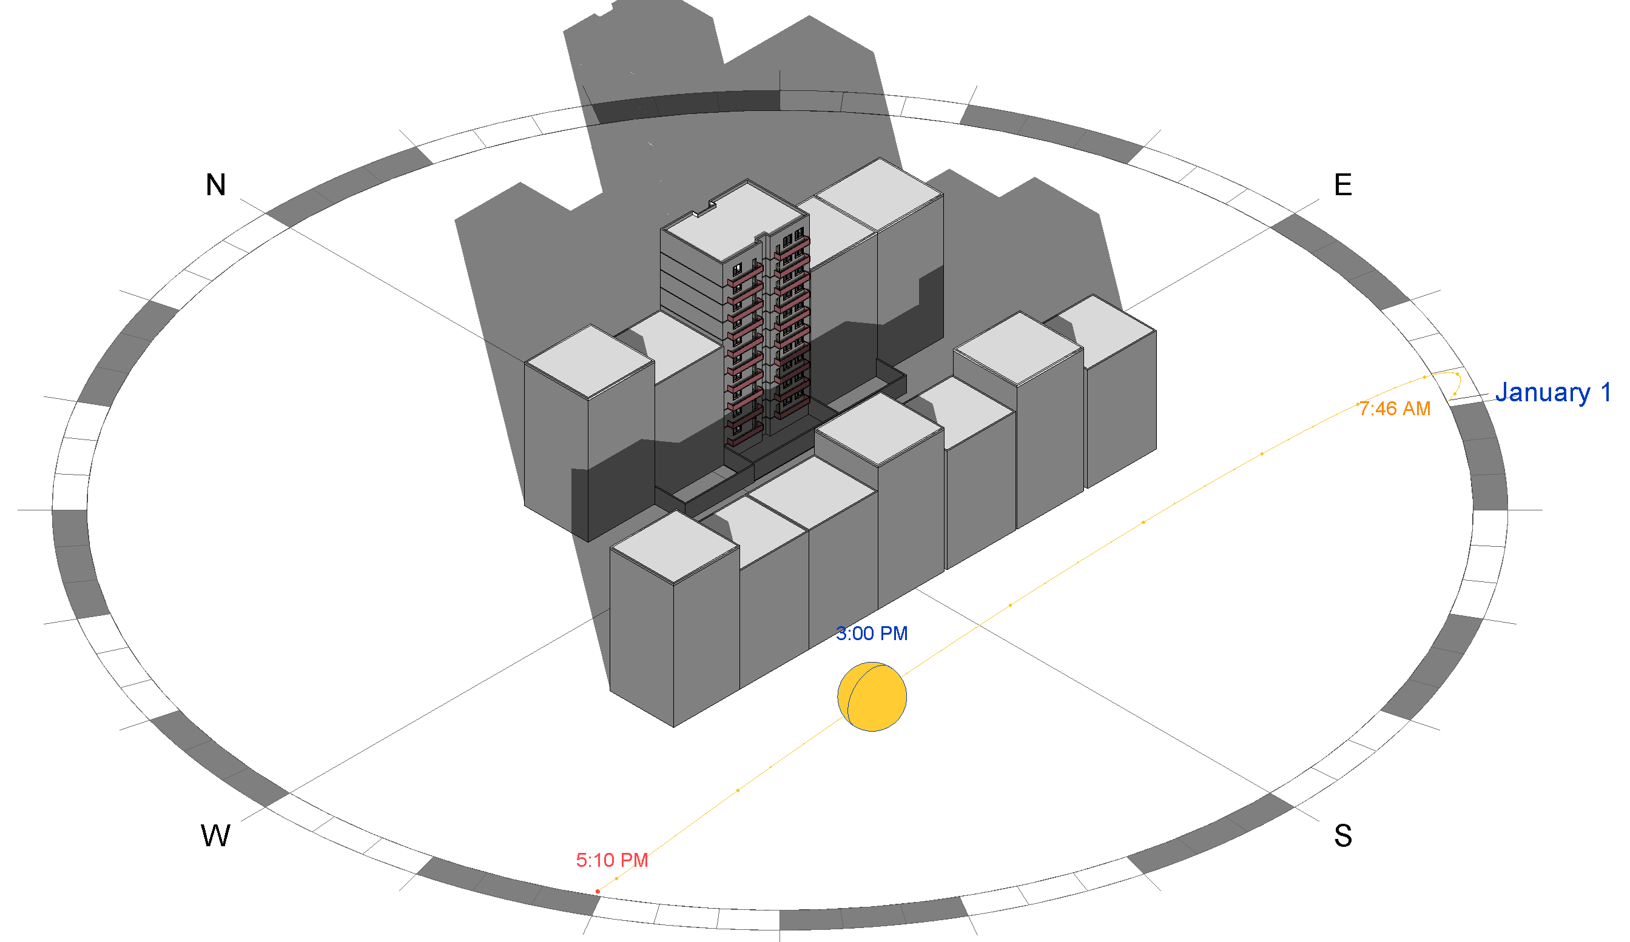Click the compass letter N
pos(216,185)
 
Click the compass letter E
pos(1343,185)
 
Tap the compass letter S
pos(1343,836)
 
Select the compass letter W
pos(215,836)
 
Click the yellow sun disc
pos(871,697)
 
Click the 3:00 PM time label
pos(871,633)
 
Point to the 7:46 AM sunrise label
pos(1395,409)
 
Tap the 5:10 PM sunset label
pos(612,861)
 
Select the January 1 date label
pos(1552,393)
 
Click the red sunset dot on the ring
pos(598,892)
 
